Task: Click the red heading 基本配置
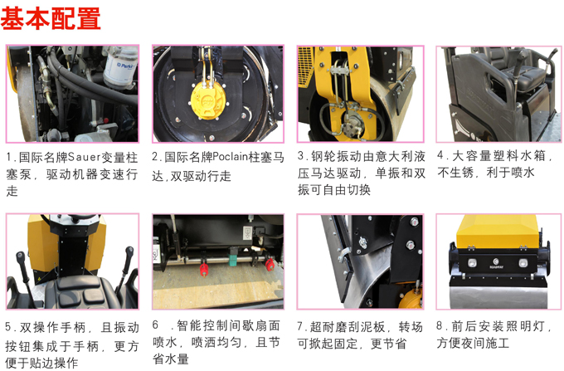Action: (x=51, y=18)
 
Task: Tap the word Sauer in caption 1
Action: (x=80, y=157)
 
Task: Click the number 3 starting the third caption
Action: (x=304, y=157)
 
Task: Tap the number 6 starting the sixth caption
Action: (x=157, y=325)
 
